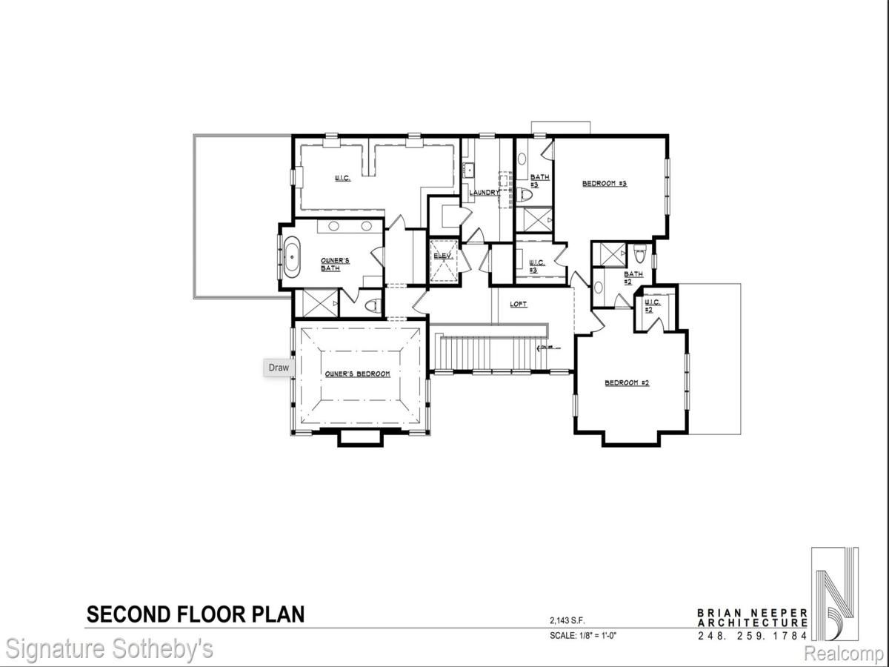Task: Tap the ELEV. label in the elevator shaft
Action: [x=443, y=256]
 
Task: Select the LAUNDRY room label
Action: [x=484, y=193]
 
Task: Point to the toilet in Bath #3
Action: [x=527, y=196]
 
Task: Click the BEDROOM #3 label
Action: [x=604, y=183]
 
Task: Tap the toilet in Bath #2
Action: [x=640, y=256]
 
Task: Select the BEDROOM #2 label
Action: [x=627, y=382]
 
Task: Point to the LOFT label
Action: [x=519, y=305]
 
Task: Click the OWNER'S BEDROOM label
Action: [x=357, y=374]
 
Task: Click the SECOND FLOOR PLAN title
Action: [x=196, y=614]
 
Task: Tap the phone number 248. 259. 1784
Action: [x=752, y=636]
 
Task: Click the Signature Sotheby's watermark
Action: [x=107, y=649]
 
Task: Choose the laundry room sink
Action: [x=468, y=170]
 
